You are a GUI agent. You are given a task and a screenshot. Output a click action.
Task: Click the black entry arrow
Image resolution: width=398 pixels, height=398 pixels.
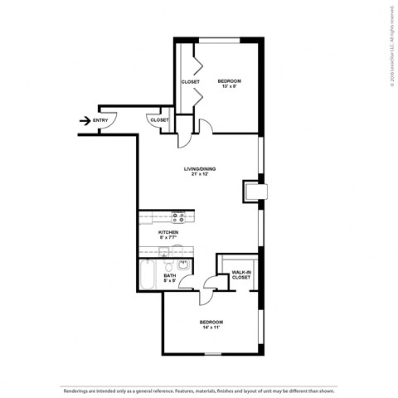85,120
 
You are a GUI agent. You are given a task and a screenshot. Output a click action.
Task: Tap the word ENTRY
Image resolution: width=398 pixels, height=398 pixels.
100,120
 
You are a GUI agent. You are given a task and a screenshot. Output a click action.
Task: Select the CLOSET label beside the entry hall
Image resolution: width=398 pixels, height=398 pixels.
159,120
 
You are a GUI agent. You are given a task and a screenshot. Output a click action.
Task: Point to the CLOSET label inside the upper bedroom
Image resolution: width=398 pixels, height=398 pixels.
190,81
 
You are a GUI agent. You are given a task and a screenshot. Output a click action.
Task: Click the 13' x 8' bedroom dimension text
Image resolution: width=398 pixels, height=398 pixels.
228,86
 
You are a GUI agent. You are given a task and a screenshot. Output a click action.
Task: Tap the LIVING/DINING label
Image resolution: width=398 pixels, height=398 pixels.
200,168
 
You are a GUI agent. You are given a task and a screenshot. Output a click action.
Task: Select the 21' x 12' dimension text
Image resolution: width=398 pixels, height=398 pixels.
200,174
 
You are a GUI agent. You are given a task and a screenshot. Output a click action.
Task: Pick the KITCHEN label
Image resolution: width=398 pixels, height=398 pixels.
168,232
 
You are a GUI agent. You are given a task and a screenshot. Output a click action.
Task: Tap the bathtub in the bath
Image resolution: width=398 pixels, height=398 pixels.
148,275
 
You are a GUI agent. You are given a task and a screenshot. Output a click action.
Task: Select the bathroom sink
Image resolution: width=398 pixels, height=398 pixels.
183,265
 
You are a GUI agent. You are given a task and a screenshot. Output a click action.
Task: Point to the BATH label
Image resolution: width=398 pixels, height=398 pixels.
169,276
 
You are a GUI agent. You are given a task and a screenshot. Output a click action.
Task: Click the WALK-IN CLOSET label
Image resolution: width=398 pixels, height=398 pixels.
240,274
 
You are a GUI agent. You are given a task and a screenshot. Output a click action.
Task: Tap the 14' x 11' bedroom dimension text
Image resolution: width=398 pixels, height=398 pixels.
211,328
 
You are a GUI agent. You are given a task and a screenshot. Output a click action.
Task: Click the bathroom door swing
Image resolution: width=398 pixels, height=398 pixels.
210,284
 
